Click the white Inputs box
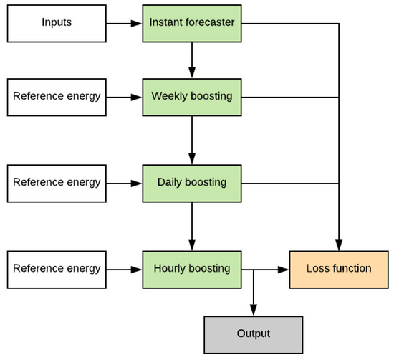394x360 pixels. click(56, 23)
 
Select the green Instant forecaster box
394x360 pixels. click(192, 23)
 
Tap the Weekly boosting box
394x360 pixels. click(192, 96)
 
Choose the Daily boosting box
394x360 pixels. click(192, 182)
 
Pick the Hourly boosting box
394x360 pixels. click(192, 269)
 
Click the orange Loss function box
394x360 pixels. click(339, 269)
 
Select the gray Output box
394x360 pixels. click(254, 333)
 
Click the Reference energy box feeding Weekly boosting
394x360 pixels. click(56, 96)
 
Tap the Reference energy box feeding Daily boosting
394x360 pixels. click(56, 182)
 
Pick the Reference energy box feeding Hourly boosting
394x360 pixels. click(56, 269)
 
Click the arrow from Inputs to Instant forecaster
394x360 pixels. click(125, 23)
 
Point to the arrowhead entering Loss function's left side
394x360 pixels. click(284, 270)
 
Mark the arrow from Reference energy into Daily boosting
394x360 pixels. click(125, 182)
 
